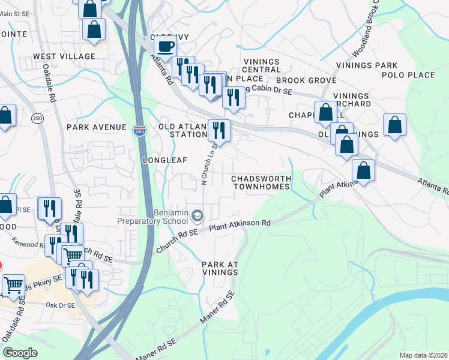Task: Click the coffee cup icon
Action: point(165,46)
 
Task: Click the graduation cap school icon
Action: point(197,215)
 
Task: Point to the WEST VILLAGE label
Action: point(64,56)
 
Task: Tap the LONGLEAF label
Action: point(165,160)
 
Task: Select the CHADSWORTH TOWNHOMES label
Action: point(261,183)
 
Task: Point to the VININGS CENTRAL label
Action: point(261,66)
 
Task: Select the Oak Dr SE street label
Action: point(60,305)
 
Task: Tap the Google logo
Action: point(20,352)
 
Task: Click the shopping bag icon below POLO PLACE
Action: point(394,125)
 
